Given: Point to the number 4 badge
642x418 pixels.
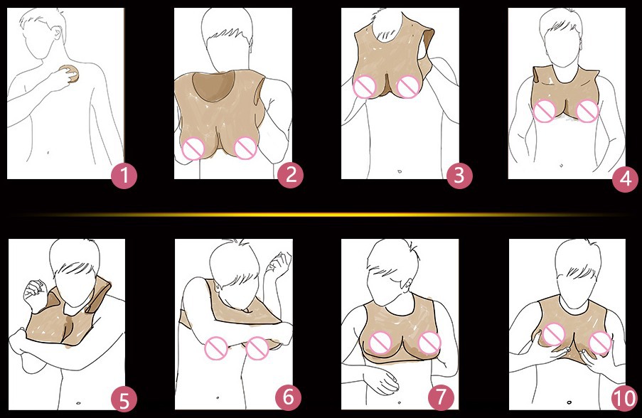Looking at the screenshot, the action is (626, 179).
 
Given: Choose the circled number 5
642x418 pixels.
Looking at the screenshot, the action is (124, 399).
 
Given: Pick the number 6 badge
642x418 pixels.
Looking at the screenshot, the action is (288, 397).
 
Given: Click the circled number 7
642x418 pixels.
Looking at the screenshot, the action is (441, 397).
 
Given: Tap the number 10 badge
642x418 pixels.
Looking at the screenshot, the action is (625, 398).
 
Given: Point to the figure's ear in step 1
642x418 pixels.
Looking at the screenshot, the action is (58, 34).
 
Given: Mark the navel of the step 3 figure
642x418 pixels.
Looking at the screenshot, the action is (400, 171).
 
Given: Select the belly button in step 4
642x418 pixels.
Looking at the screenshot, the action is (562, 166).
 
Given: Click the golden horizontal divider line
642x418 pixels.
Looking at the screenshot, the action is (321, 214).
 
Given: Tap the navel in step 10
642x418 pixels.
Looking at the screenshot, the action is (569, 402).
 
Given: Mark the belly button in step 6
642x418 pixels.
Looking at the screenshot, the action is (217, 397).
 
